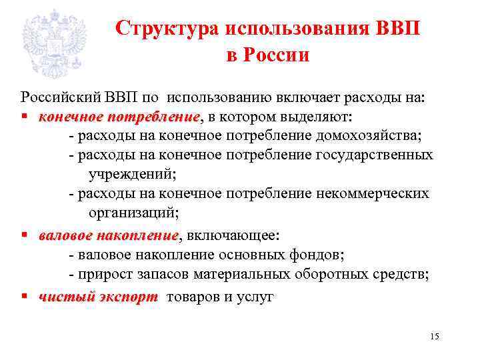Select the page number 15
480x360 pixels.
435,335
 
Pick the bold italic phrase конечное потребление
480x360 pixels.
119,117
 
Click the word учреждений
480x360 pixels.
131,175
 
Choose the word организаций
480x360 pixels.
132,213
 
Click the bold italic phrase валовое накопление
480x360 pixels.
109,235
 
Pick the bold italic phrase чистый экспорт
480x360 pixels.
98,297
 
